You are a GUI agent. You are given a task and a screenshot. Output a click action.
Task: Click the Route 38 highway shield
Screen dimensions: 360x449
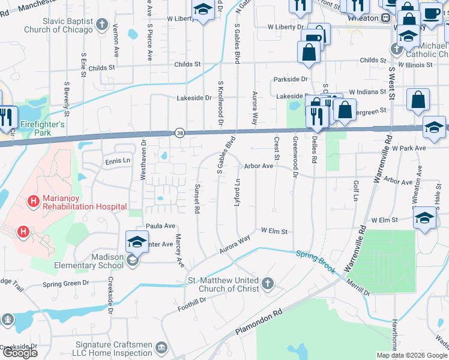point(179,133)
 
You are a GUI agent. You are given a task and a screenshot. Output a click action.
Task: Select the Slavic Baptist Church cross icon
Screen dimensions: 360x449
point(102,25)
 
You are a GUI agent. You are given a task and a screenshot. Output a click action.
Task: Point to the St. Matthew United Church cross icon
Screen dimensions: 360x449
point(268,283)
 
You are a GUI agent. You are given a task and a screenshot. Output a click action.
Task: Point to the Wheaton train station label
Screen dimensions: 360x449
point(363,18)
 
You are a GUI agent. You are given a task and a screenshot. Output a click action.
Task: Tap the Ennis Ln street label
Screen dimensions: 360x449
point(118,161)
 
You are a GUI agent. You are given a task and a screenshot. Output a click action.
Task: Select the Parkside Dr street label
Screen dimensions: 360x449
point(290,79)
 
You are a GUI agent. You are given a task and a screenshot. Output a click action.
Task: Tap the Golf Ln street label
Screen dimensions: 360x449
point(356,190)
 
